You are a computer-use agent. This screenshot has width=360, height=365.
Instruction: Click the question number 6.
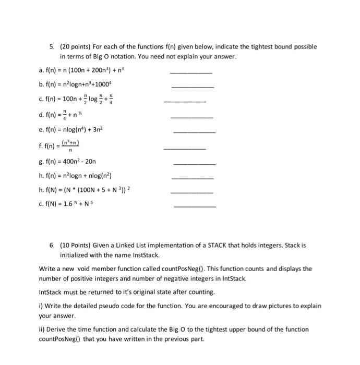pos(52,244)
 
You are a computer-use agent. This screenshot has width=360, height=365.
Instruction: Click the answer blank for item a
pos(191,72)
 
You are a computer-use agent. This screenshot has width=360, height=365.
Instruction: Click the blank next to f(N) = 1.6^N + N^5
pos(194,206)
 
